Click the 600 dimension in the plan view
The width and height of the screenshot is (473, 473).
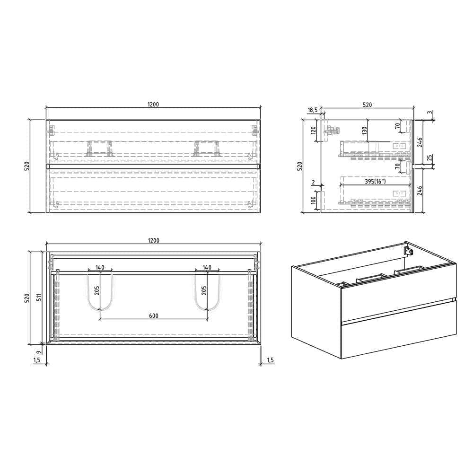[x=153, y=316]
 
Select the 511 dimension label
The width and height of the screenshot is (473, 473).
[x=40, y=298]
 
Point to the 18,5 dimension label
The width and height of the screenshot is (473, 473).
[x=313, y=110]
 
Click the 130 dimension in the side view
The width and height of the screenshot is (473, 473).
[x=364, y=130]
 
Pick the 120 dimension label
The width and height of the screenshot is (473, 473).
[x=313, y=131]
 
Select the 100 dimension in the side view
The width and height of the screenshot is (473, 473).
[x=313, y=200]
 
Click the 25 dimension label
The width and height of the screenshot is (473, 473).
[x=429, y=158]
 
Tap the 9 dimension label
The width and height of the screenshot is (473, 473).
[x=40, y=350]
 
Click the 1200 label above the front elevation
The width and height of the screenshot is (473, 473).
[x=153, y=104]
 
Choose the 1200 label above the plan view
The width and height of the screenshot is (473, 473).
[x=153, y=240]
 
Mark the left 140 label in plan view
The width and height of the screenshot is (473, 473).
[x=100, y=268]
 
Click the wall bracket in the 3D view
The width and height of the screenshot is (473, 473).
[x=407, y=249]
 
